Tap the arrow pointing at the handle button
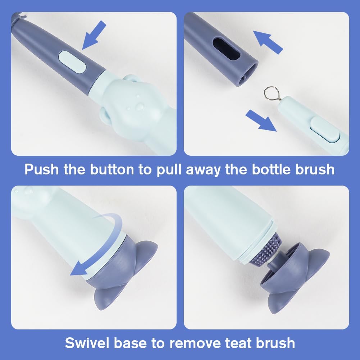click(95, 35)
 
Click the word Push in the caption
click(42, 169)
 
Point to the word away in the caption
click(203, 169)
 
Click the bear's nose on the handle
click(139, 107)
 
